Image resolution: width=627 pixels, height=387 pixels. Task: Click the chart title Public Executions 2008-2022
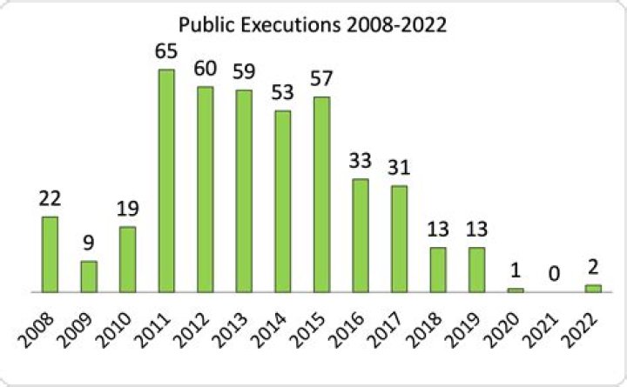pyautogui.click(x=312, y=24)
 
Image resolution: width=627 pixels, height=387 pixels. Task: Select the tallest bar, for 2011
pyautogui.click(x=166, y=181)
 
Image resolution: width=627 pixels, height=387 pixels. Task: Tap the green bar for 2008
pyautogui.click(x=51, y=254)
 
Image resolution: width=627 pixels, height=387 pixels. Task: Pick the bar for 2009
pyautogui.click(x=89, y=277)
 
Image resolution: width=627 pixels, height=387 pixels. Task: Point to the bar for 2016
pyautogui.click(x=361, y=235)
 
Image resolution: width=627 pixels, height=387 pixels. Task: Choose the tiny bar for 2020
pyautogui.click(x=516, y=290)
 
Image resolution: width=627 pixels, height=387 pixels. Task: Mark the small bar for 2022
pyautogui.click(x=593, y=288)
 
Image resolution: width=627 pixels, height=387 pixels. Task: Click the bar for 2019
pyautogui.click(x=476, y=270)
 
